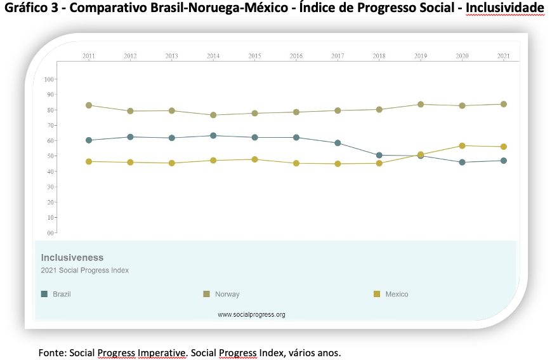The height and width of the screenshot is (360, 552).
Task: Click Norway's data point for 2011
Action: coord(89,105)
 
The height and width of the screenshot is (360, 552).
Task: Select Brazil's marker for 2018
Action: coord(379,156)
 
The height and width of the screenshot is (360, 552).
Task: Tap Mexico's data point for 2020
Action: coord(463,146)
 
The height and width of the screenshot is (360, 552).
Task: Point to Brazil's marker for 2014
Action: coord(213,136)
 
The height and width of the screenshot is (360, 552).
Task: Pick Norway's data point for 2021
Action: coord(503,104)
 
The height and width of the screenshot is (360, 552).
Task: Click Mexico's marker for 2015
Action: coord(254,159)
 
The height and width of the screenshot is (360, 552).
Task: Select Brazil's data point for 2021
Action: coord(503,161)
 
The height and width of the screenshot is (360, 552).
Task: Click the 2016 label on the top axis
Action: coord(296,56)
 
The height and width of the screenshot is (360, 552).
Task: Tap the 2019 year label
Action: coord(421,56)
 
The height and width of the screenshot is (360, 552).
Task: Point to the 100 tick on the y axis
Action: coord(49,79)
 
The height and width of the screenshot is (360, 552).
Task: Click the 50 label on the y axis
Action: coord(51,156)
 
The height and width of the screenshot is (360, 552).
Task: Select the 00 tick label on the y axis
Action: coord(51,233)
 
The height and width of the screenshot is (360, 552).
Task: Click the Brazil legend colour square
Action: coord(44,294)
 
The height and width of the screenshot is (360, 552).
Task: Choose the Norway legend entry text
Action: coord(227,294)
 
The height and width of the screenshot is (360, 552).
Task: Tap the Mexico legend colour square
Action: coord(377,294)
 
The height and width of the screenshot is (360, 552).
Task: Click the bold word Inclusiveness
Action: coord(72,258)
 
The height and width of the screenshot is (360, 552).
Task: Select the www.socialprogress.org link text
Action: coord(251,314)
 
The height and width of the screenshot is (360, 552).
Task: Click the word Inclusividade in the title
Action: coord(505,8)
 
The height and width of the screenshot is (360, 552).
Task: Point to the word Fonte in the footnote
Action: coord(52,352)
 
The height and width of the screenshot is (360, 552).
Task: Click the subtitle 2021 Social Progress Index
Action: coord(85,270)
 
